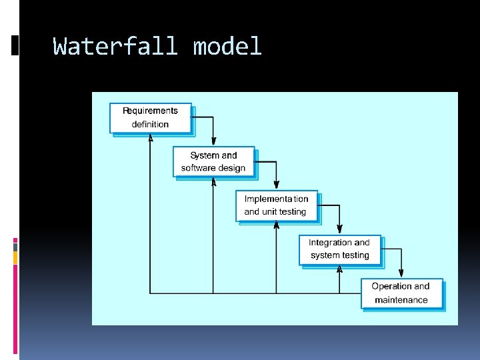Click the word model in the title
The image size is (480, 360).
[227, 47]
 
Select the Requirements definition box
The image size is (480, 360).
[151, 118]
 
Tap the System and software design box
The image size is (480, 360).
[213, 162]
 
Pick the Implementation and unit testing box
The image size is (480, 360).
[276, 205]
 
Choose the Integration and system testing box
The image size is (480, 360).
[339, 249]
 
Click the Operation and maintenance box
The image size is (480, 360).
[401, 293]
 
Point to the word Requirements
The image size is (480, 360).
[151, 111]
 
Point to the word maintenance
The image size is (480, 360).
[401, 300]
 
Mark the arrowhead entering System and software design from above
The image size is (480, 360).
[213, 141]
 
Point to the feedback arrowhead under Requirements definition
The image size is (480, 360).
[151, 138]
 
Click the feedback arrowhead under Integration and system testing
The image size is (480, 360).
[339, 269]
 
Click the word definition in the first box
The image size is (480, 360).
[151, 125]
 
